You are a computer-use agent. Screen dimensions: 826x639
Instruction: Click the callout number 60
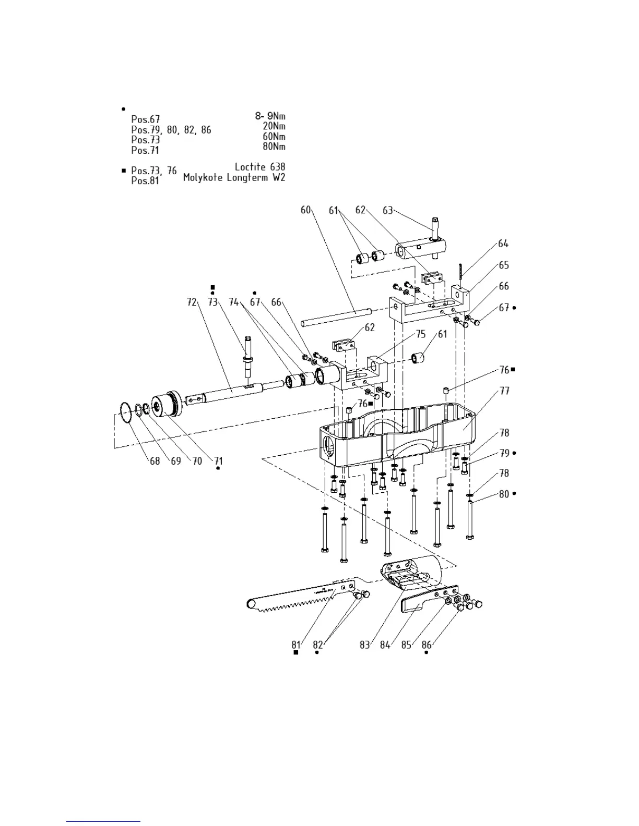coord(305,210)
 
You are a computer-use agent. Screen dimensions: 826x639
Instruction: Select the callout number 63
coord(387,210)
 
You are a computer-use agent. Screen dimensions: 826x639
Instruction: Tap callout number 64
coord(503,244)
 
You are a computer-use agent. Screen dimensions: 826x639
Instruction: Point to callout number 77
coord(504,391)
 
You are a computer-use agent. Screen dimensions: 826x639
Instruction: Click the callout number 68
coord(155,461)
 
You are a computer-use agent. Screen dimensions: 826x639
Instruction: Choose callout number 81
coord(296,645)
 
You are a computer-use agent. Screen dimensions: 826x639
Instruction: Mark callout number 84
coord(385,645)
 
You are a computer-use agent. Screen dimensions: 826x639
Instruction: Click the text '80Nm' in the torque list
coord(274,147)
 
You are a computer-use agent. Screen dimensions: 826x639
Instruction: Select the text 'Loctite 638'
coord(260,167)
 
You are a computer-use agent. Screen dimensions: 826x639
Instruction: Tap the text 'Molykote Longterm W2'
coord(234,178)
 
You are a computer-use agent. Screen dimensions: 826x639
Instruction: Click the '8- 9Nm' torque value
coord(270,116)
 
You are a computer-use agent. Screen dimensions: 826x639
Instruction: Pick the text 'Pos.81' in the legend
coord(145,181)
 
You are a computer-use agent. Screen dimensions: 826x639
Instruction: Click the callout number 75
coord(421,334)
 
